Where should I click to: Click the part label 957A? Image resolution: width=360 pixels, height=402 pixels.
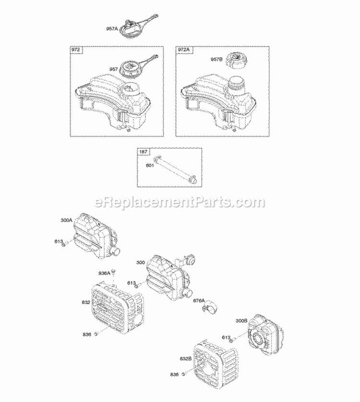coord(111,29)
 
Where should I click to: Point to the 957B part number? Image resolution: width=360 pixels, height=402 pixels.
coord(216,59)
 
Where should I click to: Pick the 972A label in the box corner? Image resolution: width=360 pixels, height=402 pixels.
coord(183,50)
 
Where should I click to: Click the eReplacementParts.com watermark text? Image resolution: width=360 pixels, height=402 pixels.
coord(180,202)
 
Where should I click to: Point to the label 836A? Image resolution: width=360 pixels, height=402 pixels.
coord(104,273)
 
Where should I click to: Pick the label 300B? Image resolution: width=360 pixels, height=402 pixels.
coord(242,320)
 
